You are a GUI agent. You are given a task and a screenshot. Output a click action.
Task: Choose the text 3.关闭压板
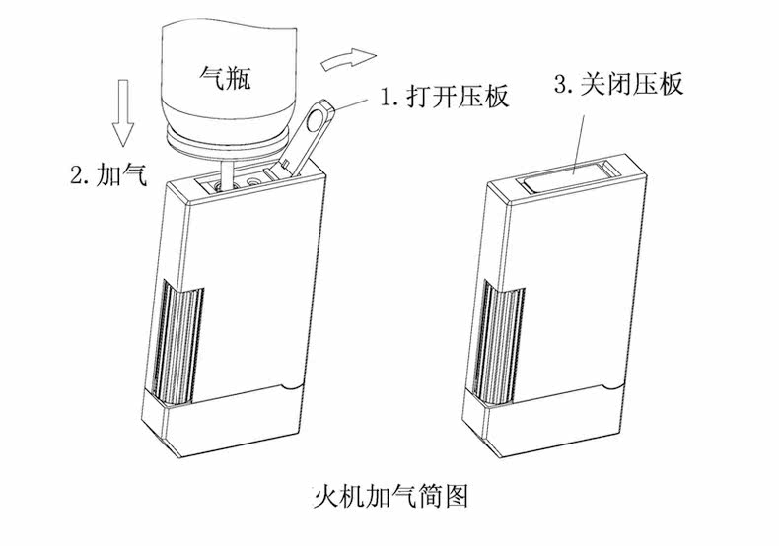click(x=618, y=85)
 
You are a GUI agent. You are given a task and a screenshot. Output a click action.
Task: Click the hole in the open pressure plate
click(x=317, y=121)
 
